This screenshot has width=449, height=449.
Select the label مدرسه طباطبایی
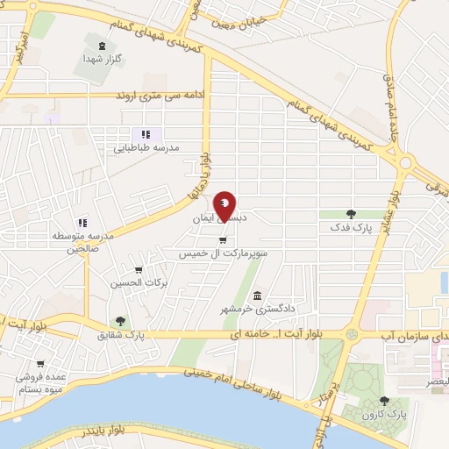(x=146, y=147)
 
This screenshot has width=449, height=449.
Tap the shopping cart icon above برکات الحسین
(x=138, y=269)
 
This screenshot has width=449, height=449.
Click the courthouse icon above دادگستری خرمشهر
(x=257, y=296)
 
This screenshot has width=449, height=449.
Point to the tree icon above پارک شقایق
(x=120, y=321)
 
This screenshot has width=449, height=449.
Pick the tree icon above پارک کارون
(x=384, y=400)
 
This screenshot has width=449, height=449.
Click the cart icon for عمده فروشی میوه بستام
(x=39, y=363)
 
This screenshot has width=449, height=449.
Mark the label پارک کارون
(x=386, y=413)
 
